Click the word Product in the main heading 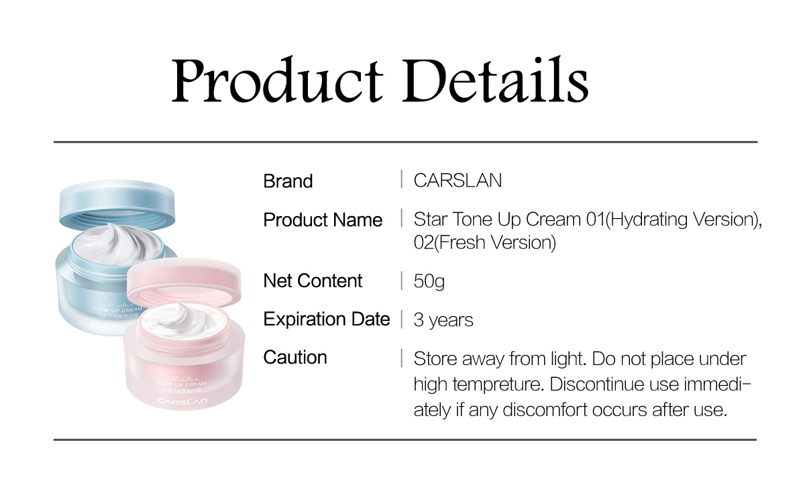pyautogui.click(x=277, y=80)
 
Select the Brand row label pyautogui.click(x=288, y=181)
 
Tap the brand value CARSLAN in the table pyautogui.click(x=458, y=181)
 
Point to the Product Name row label pyautogui.click(x=323, y=219)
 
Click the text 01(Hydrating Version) pyautogui.click(x=674, y=219)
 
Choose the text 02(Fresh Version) pyautogui.click(x=485, y=242)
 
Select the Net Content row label pyautogui.click(x=313, y=281)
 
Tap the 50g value pyautogui.click(x=429, y=281)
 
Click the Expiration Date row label pyautogui.click(x=326, y=319)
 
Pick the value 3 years pyautogui.click(x=443, y=319)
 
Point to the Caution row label pyautogui.click(x=295, y=357)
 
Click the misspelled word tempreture pyautogui.click(x=497, y=385)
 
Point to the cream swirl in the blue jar pyautogui.click(x=115, y=244)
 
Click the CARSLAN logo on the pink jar pyautogui.click(x=182, y=401)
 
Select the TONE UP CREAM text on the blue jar pyautogui.click(x=117, y=309)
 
